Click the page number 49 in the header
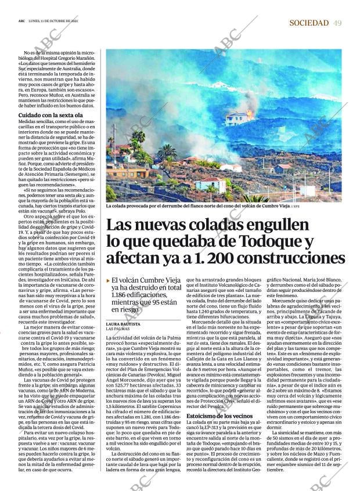[337, 23]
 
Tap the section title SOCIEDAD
[308, 23]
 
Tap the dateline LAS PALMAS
[118, 328]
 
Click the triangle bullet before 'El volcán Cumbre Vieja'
[108, 280]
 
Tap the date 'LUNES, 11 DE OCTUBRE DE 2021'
[53, 21]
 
